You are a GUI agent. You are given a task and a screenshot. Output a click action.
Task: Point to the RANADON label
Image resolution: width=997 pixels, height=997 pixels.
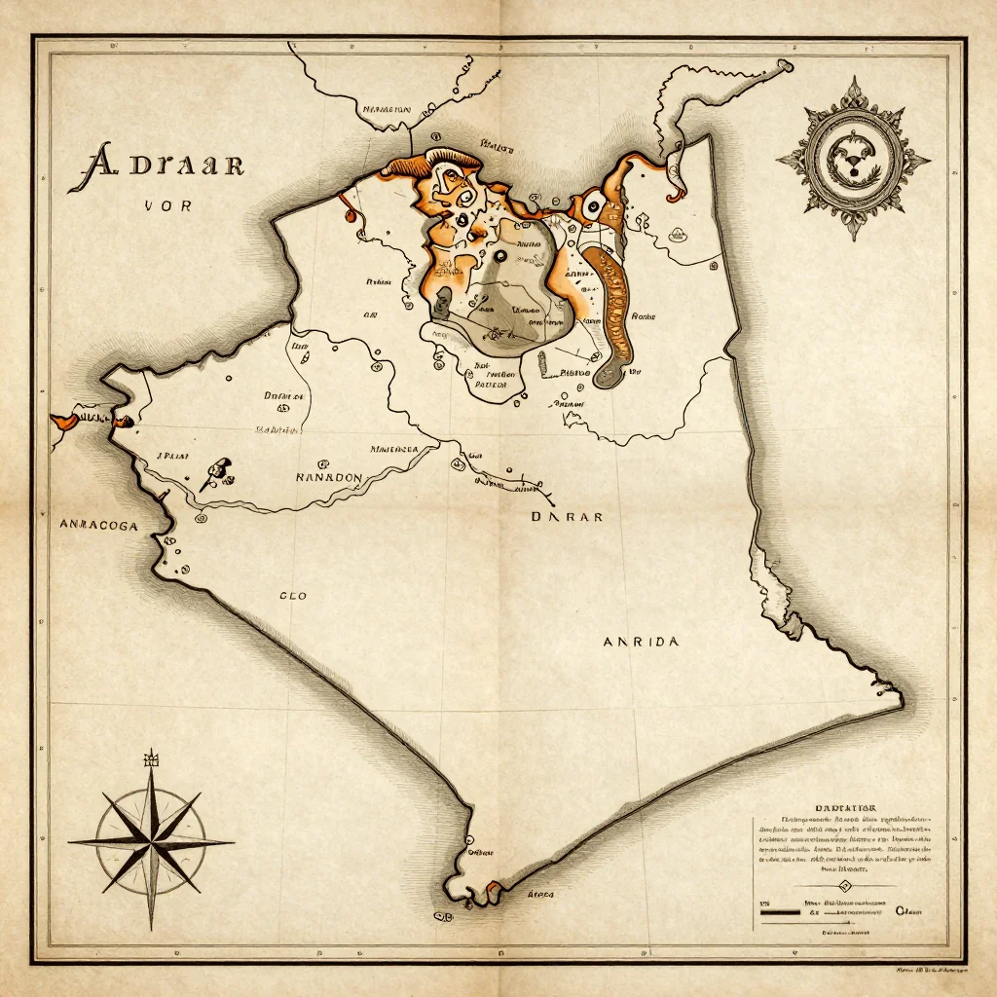[x=328, y=478]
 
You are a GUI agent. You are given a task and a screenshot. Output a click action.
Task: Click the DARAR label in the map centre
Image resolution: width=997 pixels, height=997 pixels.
[x=566, y=517]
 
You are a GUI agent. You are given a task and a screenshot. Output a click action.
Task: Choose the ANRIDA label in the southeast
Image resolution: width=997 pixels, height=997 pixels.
[x=641, y=642]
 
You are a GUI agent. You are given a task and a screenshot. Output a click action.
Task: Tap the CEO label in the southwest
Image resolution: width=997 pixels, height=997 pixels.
[x=292, y=596]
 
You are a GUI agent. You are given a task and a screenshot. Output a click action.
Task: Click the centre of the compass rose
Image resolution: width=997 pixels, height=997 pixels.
[x=152, y=842]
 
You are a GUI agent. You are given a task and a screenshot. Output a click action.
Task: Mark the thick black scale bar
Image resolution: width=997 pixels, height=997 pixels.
[x=778, y=913]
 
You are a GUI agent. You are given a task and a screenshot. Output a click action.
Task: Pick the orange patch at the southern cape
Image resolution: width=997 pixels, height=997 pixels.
[x=494, y=887]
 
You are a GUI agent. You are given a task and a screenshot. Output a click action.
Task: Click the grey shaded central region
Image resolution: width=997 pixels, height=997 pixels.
[x=506, y=292]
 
